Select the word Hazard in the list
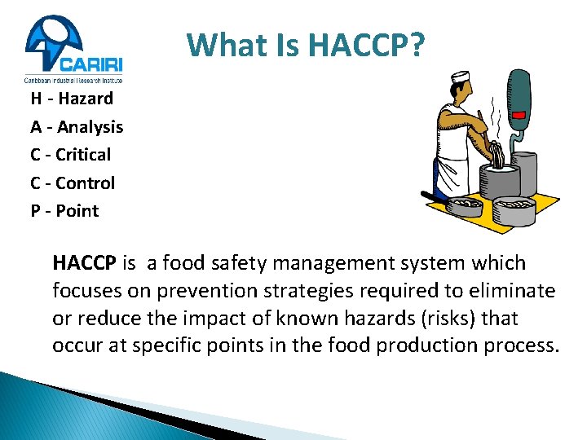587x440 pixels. tap(85, 99)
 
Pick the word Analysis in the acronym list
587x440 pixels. tap(90, 127)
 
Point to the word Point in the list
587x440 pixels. tap(77, 211)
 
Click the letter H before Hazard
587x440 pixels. tap(37, 99)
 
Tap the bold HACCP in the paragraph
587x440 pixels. tap(85, 263)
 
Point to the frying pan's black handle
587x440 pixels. tap(430, 196)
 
